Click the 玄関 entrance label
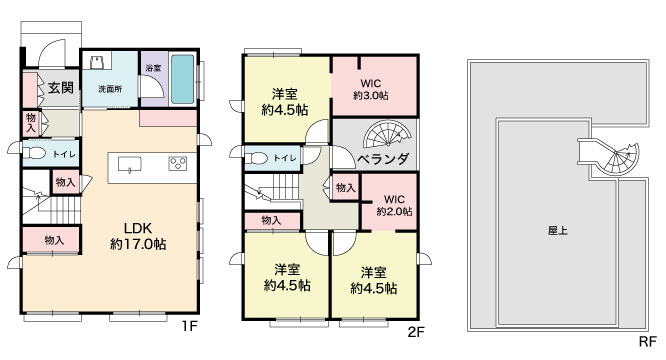click(60, 88)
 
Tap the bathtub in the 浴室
click(183, 79)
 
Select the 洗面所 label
click(110, 89)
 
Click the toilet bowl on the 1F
click(34, 153)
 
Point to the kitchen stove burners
click(178, 163)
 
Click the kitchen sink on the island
click(130, 164)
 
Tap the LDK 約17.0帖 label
click(138, 236)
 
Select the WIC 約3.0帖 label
click(371, 89)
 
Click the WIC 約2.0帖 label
click(394, 205)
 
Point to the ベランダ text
click(383, 159)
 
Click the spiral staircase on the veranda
click(387, 134)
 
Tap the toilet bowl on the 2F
click(257, 158)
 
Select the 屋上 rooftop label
click(558, 231)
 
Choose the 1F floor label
click(190, 326)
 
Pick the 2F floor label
click(416, 332)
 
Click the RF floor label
click(648, 341)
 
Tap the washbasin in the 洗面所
click(96, 62)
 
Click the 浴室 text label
click(153, 68)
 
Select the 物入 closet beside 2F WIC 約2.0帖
click(345, 187)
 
